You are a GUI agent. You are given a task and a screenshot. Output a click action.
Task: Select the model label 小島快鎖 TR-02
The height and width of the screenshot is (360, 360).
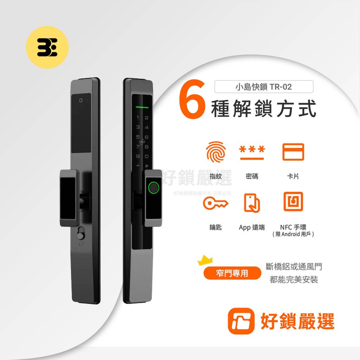point(264,86)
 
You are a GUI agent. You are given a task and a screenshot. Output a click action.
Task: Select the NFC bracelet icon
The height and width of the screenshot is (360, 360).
point(293,202)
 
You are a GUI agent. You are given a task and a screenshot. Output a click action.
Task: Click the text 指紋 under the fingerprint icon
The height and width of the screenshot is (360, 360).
point(216,176)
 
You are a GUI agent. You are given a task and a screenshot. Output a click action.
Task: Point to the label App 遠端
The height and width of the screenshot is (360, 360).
point(252,227)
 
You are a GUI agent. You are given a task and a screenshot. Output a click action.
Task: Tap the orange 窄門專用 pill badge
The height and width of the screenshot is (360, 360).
point(232,273)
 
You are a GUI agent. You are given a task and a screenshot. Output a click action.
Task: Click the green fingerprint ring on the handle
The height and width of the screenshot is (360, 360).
point(153,188)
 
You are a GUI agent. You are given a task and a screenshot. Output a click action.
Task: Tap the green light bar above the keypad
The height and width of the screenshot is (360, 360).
point(142,107)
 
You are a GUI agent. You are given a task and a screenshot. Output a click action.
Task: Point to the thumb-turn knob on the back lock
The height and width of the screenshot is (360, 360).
point(81,234)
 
